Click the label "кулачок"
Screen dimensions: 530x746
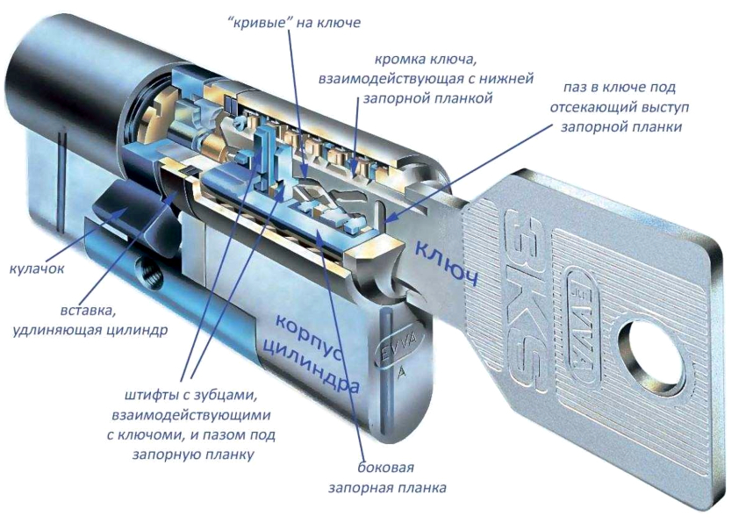[37, 267]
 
